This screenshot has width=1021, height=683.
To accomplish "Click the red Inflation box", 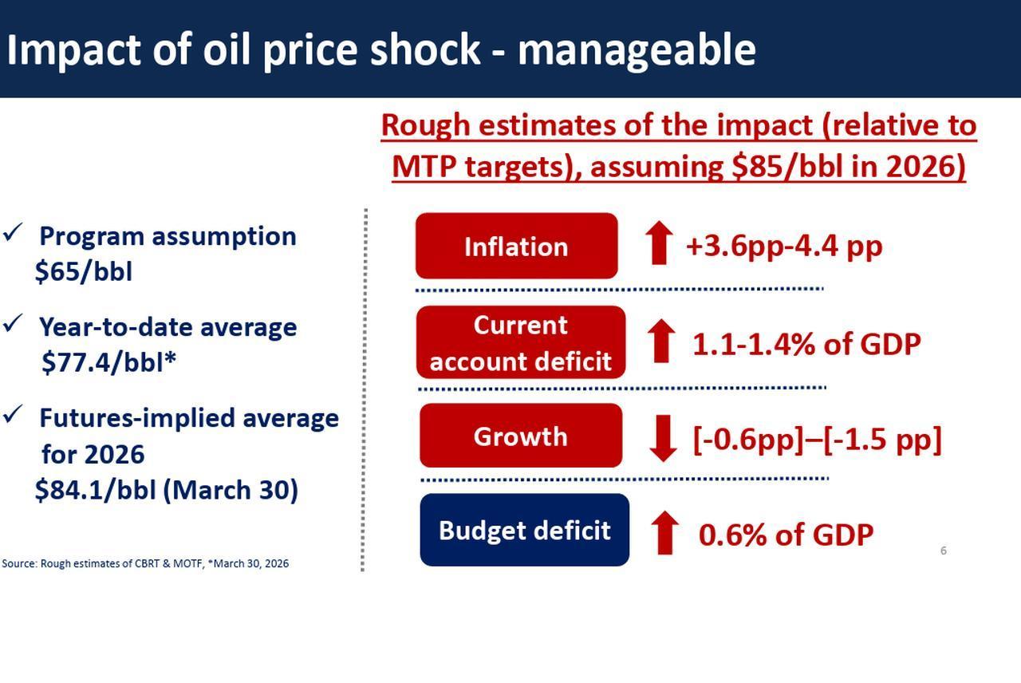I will coord(516,246).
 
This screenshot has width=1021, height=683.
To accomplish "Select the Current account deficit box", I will coord(520,342).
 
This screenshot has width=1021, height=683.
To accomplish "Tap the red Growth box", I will coord(520,436).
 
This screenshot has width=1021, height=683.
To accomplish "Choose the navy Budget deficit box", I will coord(524,530).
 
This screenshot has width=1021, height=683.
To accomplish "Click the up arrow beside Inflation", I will coord(658,243).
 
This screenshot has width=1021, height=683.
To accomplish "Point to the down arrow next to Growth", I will coord(663,438).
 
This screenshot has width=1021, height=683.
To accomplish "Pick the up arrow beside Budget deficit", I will coord(664,533).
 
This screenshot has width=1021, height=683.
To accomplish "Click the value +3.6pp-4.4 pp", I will coord(783,246).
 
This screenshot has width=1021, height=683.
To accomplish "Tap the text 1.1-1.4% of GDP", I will coord(806,344).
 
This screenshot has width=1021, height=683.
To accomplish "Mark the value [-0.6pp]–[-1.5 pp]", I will coord(817,439).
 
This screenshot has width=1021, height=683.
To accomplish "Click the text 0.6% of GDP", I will coord(786,535).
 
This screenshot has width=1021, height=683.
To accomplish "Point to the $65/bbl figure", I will coord(83,271).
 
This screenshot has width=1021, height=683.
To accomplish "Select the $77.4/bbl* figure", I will coord(108,362).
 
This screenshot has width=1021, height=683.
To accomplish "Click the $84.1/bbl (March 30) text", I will coord(166,490).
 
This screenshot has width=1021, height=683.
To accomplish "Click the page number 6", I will coord(943,551).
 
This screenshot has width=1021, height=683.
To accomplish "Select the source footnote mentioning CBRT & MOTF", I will coord(145,563).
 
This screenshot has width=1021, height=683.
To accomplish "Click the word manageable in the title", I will coord(636,49).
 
